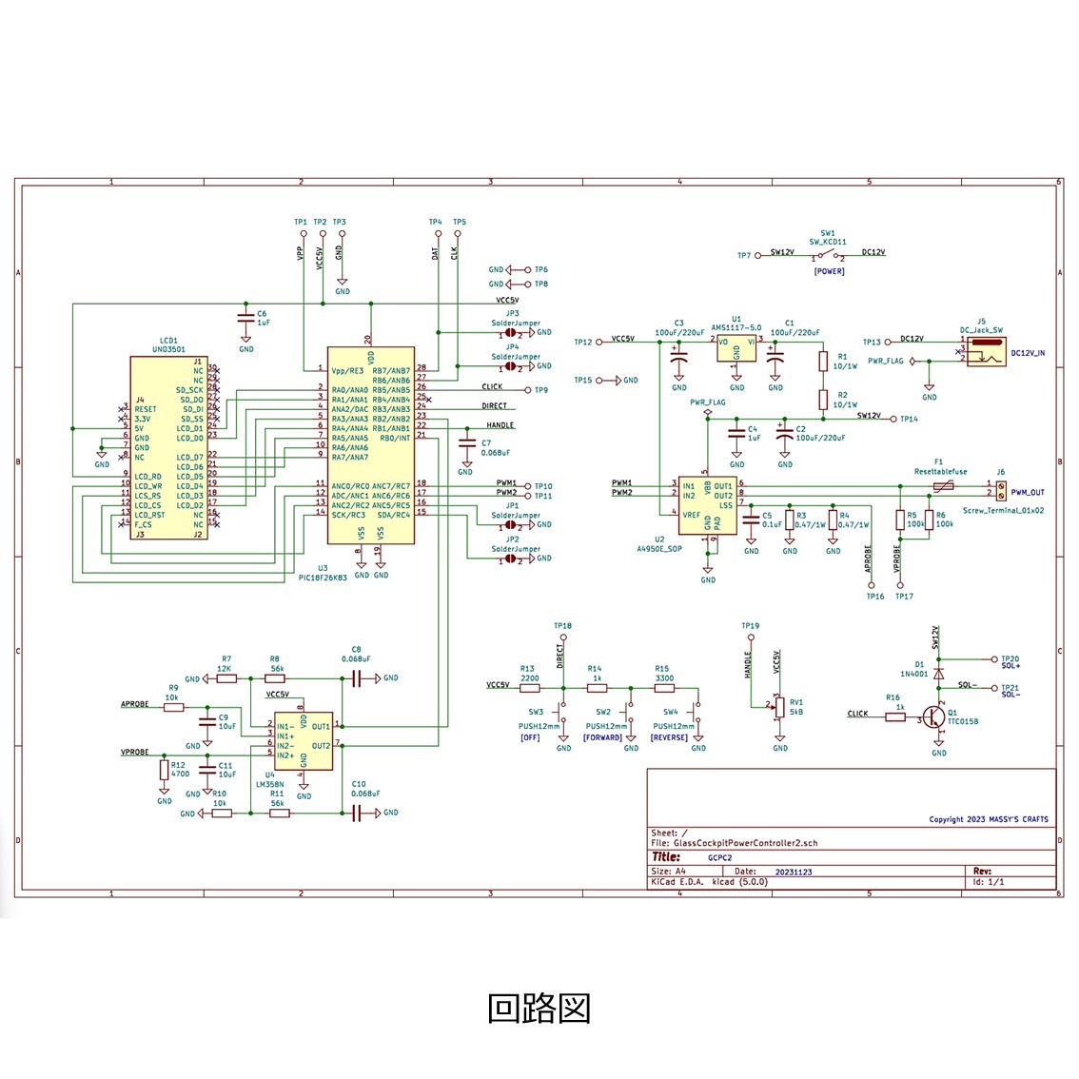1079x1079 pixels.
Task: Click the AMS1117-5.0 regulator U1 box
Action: pos(737,347)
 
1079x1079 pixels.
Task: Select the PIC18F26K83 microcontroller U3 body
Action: pos(371,444)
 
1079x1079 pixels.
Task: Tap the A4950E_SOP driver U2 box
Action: pos(707,504)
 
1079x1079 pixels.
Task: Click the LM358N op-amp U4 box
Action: pos(304,741)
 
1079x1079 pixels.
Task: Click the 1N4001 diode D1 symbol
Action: pos(939,673)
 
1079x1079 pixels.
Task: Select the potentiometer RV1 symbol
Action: pos(780,707)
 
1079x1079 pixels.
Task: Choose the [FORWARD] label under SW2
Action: pos(603,738)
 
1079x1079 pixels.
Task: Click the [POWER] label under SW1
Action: pos(829,271)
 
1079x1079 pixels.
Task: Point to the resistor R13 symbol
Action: pos(529,688)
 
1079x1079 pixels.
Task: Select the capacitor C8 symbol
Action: pos(357,678)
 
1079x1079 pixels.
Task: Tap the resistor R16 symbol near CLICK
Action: pos(894,717)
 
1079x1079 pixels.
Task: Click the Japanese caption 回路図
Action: pos(539,1008)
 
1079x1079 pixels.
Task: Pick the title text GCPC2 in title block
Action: pos(719,857)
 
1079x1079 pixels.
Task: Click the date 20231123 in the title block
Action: pos(794,872)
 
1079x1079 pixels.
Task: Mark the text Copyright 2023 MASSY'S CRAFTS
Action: pos(988,819)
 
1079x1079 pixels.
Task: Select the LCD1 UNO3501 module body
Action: pos(168,447)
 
